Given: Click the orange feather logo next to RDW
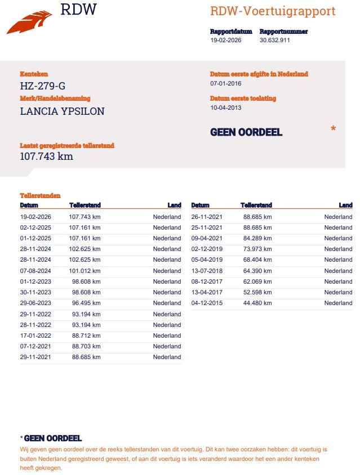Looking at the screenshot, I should tap(28, 23).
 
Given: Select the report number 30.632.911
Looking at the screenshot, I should tap(275, 41).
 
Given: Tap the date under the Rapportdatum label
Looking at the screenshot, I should tap(226, 41).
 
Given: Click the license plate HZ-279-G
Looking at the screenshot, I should tap(43, 86).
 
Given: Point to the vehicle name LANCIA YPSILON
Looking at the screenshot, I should tap(62, 111).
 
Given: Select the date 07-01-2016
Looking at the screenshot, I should tap(226, 83).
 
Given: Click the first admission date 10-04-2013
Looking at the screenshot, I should tap(226, 107).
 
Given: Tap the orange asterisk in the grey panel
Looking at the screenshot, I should tap(333, 129).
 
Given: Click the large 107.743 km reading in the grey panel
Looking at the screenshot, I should tap(47, 156).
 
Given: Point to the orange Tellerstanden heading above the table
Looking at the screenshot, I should tap(40, 196).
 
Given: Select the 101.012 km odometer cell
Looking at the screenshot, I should tap(85, 271).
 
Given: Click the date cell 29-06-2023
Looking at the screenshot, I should tap(35, 303).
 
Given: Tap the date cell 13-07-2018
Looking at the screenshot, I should tap(207, 271).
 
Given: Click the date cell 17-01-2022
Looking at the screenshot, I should tap(35, 335).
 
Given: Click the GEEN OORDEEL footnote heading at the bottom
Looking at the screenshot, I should tap(52, 438).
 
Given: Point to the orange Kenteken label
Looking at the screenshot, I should tap(34, 74).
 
